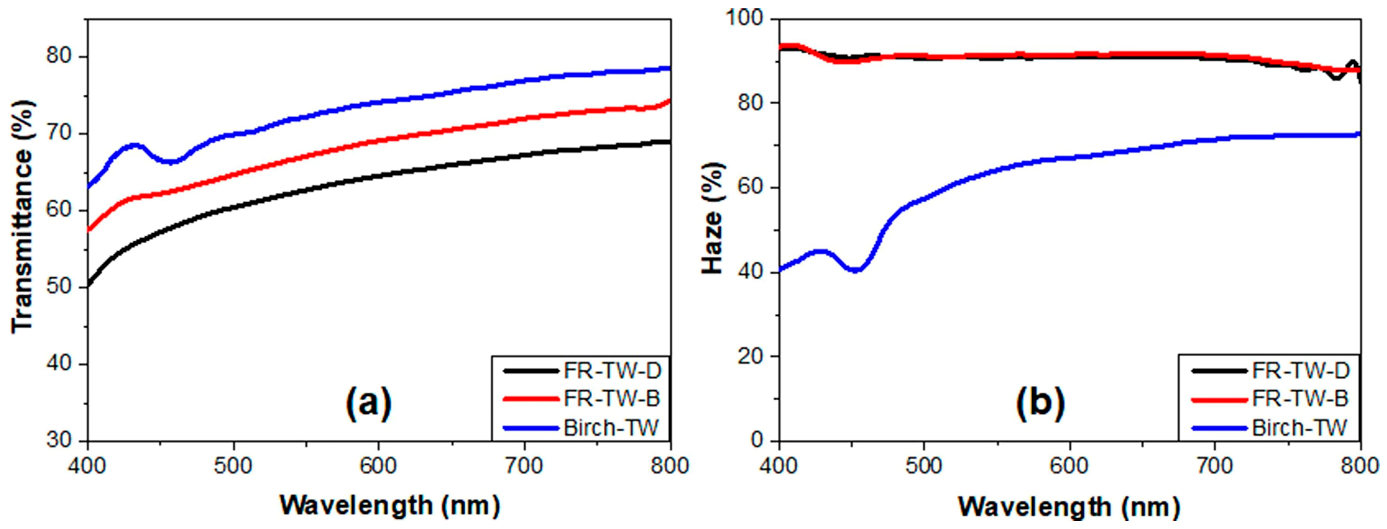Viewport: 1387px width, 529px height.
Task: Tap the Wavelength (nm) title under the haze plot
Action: click(1069, 506)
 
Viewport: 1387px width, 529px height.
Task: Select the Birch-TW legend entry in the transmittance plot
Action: click(611, 428)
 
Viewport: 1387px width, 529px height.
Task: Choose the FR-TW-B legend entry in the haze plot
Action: click(1300, 399)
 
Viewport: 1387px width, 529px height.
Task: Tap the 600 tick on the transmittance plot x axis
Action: click(379, 465)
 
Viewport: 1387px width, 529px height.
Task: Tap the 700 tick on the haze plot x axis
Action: click(1215, 465)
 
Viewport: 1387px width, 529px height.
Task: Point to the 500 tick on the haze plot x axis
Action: click(924, 465)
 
